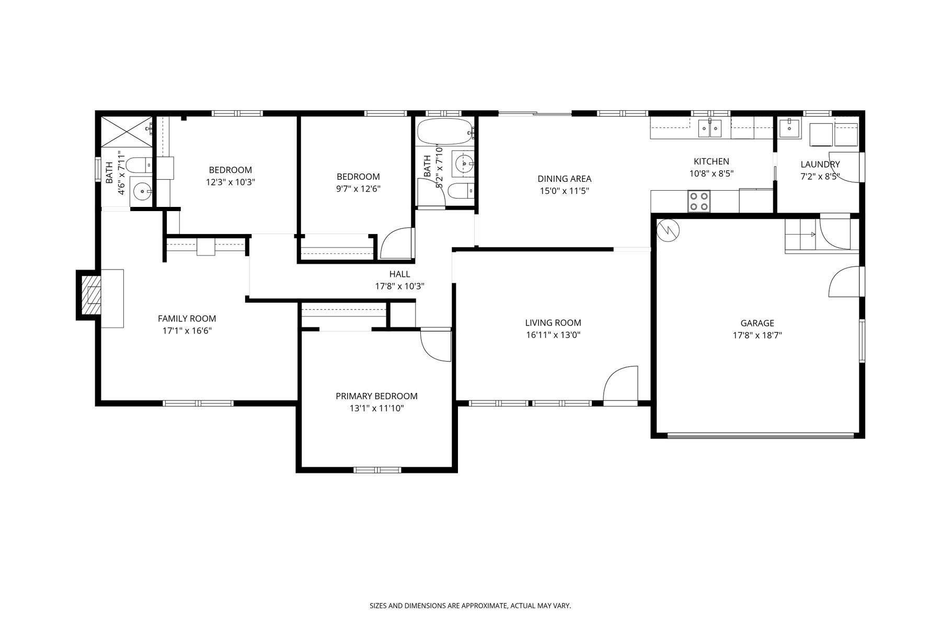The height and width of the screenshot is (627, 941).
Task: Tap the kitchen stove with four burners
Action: pyautogui.click(x=699, y=201)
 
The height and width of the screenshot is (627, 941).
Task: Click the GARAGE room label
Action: pyautogui.click(x=757, y=323)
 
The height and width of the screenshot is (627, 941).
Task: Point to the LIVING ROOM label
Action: pyautogui.click(x=553, y=323)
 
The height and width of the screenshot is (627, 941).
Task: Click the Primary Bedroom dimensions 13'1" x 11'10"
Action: pyautogui.click(x=376, y=409)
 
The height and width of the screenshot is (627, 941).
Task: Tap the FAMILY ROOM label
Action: pyautogui.click(x=187, y=319)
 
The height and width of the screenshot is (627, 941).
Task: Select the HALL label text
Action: pyautogui.click(x=399, y=274)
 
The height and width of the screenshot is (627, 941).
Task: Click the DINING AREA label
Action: pyautogui.click(x=565, y=179)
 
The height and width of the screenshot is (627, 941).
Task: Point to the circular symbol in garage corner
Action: pyautogui.click(x=667, y=229)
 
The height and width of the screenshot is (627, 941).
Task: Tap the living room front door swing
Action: pyautogui.click(x=620, y=384)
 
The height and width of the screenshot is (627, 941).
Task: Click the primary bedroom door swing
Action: pyautogui.click(x=436, y=345)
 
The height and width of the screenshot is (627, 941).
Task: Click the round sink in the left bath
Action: pyautogui.click(x=142, y=192)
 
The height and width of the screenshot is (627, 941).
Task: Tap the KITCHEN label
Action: pyautogui.click(x=711, y=161)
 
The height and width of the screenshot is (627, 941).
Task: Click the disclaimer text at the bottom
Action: pyautogui.click(x=470, y=606)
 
